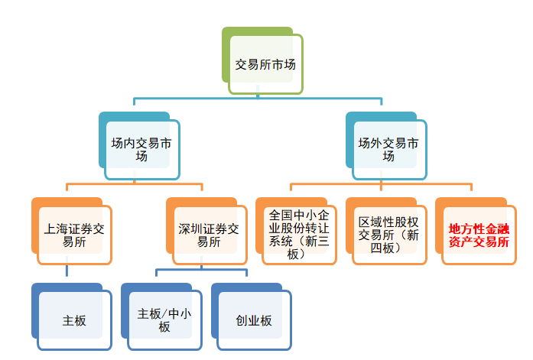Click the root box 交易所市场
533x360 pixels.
265,65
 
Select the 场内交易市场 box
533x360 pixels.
141,150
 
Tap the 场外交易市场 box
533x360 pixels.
388,150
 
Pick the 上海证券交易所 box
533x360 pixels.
74,235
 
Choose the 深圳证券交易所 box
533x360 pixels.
209,235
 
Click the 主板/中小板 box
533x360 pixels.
164,320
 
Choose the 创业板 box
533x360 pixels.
254,320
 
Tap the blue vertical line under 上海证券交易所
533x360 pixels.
67,270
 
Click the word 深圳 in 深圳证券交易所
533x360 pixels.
188,229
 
